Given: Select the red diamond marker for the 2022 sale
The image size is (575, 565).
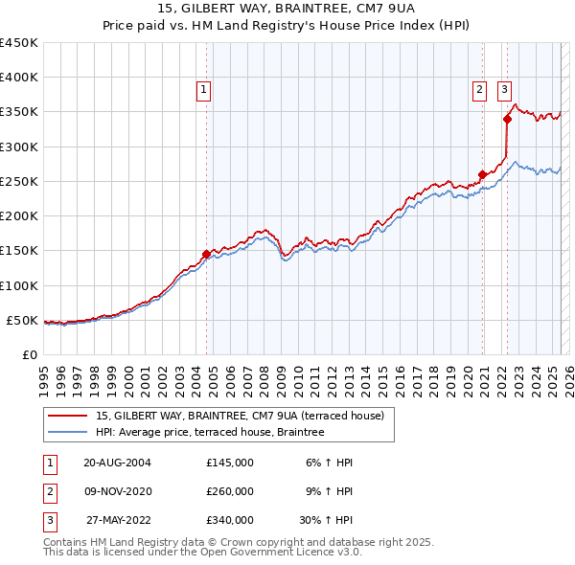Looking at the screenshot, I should coord(508,119).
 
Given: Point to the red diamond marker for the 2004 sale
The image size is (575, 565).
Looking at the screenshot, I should coord(206,254).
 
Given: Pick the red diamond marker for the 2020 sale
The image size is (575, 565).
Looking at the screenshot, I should coord(482,174).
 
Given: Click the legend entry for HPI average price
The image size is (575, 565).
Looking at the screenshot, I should coord(210,432).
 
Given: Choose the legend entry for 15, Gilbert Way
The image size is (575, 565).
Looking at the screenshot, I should coord(240,416).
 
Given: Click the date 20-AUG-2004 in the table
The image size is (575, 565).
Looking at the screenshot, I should coord(118,463).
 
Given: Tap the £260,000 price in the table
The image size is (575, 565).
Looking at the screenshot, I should coord(230,491).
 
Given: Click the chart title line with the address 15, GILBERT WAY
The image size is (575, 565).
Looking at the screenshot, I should coord(287,12).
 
